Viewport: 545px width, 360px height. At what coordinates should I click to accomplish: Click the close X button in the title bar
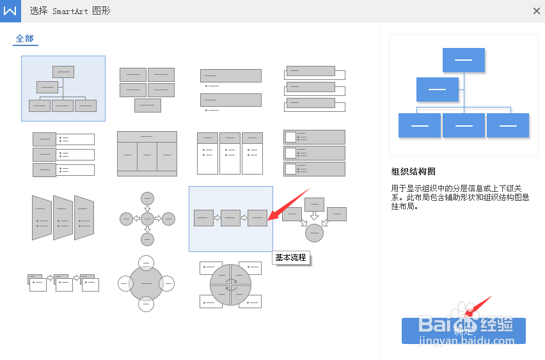pyautogui.click(x=536, y=11)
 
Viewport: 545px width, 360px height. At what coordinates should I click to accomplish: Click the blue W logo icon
pyautogui.click(x=10, y=11)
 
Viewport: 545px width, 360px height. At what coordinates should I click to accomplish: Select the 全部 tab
pyautogui.click(x=25, y=38)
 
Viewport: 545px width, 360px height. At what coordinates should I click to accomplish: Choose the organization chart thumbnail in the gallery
pyautogui.click(x=63, y=88)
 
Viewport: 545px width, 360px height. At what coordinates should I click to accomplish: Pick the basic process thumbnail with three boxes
pyautogui.click(x=230, y=218)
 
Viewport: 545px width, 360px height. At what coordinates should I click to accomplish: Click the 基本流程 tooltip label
pyautogui.click(x=291, y=258)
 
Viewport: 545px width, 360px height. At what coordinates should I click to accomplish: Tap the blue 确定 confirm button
pyautogui.click(x=463, y=331)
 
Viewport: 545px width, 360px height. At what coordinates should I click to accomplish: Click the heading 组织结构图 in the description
pyautogui.click(x=413, y=171)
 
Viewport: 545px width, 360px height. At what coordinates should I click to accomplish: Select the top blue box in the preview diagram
pyautogui.click(x=463, y=59)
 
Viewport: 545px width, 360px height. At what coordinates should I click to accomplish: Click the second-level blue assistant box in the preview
pyautogui.click(x=438, y=90)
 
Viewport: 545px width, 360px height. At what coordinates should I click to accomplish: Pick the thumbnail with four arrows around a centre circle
pyautogui.click(x=147, y=219)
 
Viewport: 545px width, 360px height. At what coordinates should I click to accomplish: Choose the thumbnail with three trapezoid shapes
pyautogui.click(x=63, y=217)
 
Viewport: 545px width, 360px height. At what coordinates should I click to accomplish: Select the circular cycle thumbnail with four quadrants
pyautogui.click(x=230, y=285)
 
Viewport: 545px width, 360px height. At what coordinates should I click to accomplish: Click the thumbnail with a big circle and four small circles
pyautogui.click(x=147, y=283)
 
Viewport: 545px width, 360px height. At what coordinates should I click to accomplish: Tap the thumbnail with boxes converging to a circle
pyautogui.click(x=313, y=219)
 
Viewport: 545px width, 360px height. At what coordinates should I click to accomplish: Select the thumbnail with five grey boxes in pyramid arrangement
pyautogui.click(x=147, y=89)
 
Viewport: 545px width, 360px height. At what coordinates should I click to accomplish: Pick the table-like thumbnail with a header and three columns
pyautogui.click(x=147, y=153)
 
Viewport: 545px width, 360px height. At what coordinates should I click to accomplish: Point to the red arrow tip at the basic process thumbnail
pyautogui.click(x=269, y=219)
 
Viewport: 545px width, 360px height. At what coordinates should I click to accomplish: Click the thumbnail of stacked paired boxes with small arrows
pyautogui.click(x=63, y=281)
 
